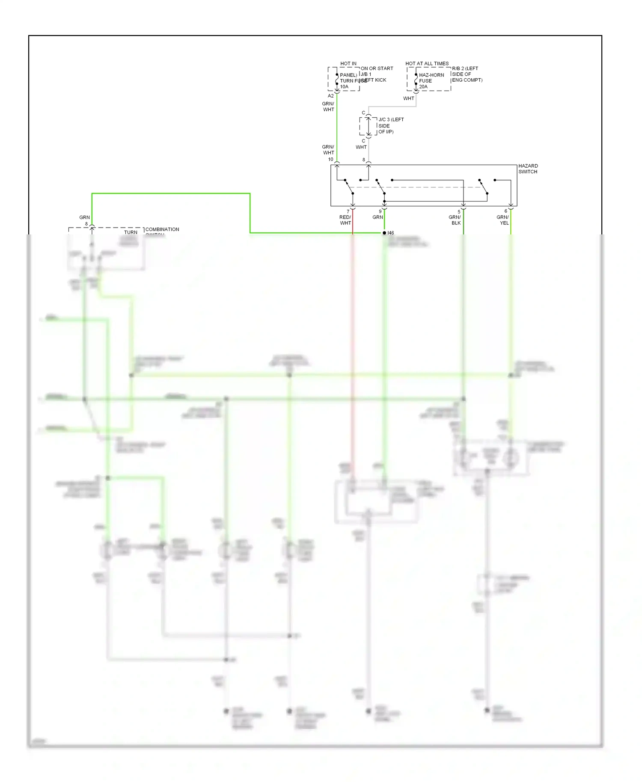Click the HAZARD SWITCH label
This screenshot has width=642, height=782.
(528, 169)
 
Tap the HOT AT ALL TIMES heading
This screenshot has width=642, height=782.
(427, 63)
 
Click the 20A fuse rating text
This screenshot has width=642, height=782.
(423, 86)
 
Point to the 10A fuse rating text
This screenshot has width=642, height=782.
(344, 86)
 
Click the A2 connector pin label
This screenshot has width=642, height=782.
(330, 96)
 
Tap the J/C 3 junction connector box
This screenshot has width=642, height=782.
(368, 126)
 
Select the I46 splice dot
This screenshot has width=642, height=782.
(384, 233)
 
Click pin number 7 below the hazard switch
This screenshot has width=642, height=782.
(348, 211)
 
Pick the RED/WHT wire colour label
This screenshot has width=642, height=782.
(345, 220)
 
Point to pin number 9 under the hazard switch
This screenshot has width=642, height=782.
(380, 211)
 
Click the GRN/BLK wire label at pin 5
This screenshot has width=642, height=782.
(455, 220)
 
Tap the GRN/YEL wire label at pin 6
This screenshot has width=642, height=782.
(502, 220)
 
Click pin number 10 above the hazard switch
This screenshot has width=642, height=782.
(330, 159)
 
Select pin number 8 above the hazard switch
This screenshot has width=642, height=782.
(364, 160)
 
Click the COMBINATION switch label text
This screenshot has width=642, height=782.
(162, 229)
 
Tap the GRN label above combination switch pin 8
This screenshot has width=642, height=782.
(84, 217)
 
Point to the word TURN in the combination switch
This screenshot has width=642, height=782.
(131, 232)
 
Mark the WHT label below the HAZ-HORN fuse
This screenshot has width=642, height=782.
(408, 98)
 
